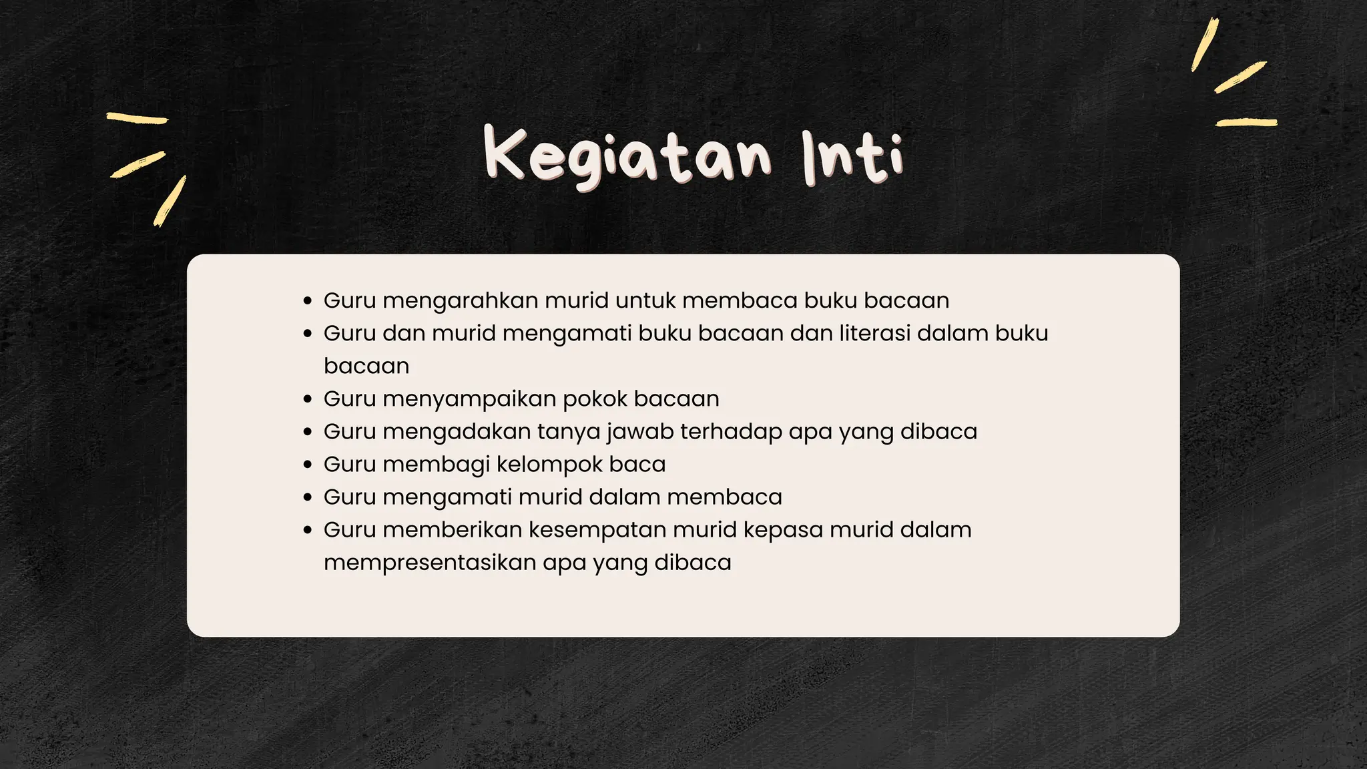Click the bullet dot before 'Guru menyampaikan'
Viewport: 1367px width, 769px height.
(307, 399)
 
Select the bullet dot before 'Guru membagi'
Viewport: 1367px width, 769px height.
(307, 465)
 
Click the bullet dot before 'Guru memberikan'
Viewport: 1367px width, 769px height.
(307, 530)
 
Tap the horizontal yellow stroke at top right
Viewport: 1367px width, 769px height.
(1246, 122)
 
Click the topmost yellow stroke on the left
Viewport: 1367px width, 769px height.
(138, 118)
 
